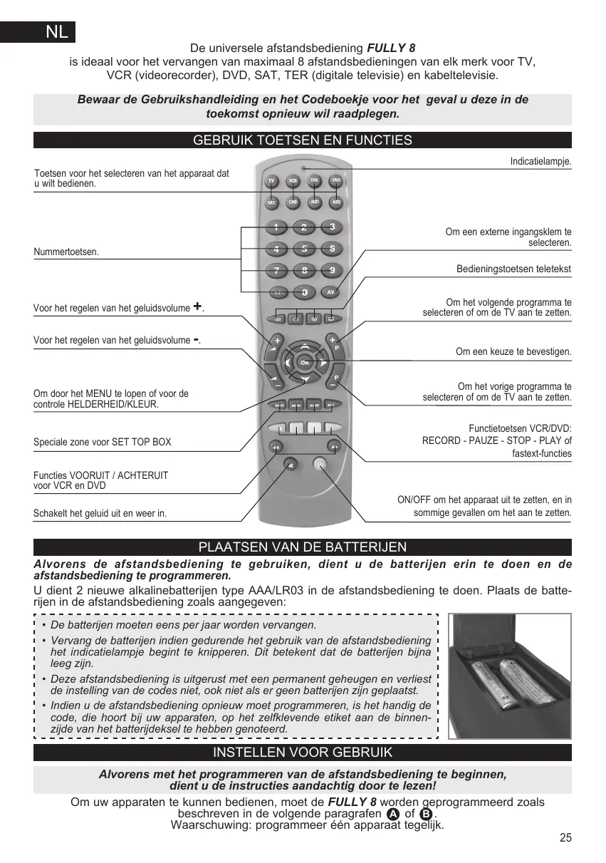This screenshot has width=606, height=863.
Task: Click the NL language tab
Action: (x=56, y=33)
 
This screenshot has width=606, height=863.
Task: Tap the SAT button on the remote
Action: (x=271, y=202)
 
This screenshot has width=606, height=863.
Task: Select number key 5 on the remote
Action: (x=304, y=249)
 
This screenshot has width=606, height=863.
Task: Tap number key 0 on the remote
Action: (x=304, y=292)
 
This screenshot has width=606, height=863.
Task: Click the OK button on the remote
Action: (x=304, y=363)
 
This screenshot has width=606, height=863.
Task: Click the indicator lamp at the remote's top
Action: (x=303, y=168)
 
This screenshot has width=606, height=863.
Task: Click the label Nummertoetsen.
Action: (x=67, y=252)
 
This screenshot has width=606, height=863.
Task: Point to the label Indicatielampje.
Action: (x=540, y=162)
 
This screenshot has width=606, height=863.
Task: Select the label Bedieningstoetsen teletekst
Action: (x=513, y=269)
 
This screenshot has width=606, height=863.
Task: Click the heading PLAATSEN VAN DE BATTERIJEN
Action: (x=303, y=547)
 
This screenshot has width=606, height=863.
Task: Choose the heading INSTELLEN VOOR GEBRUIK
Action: (x=303, y=753)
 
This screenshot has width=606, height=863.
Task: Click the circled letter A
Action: (x=392, y=815)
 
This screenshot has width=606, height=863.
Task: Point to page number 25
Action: (x=565, y=837)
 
